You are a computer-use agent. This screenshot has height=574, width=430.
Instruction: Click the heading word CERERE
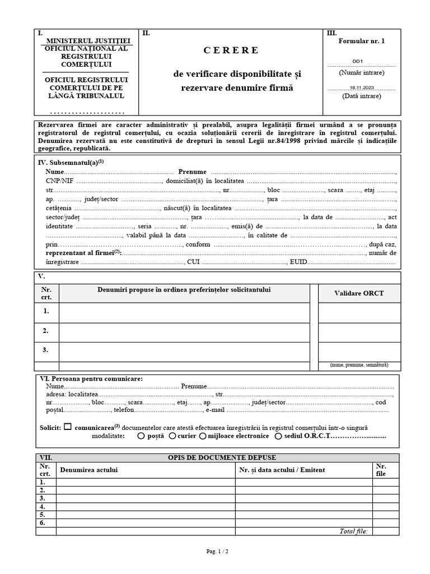[231, 50]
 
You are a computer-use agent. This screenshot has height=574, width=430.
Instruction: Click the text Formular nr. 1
[362, 41]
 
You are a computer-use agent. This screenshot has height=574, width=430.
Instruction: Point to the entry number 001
[358, 62]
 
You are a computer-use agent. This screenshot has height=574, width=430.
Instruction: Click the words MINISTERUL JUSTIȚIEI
[88, 41]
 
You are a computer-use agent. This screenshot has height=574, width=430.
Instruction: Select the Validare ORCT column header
[359, 293]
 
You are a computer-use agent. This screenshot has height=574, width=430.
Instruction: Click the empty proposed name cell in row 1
[184, 312]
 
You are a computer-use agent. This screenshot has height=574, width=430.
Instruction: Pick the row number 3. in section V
[46, 350]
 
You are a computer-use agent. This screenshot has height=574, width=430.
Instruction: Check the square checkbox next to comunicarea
[68, 427]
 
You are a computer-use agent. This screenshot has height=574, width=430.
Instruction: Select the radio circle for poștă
[141, 436]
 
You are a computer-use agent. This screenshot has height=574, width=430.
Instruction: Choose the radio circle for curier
[172, 436]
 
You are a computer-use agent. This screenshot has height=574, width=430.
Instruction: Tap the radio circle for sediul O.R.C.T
[278, 436]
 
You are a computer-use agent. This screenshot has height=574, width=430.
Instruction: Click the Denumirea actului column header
[89, 470]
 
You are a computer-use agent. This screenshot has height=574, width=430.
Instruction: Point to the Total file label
[353, 531]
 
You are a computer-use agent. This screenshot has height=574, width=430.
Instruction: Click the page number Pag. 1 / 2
[218, 552]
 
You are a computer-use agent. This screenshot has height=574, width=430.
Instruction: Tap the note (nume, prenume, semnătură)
[359, 365]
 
